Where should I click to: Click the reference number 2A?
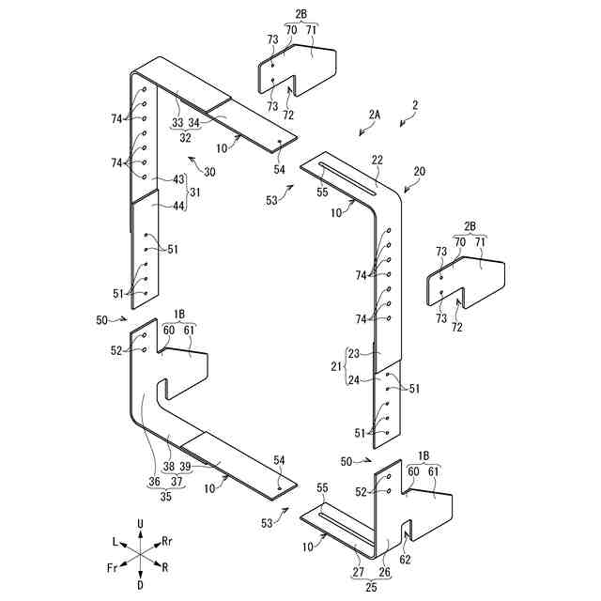coord(374,114)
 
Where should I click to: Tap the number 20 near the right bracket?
coord(419,172)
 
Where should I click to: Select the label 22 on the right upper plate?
coord(377,161)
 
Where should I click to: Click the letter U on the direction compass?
coord(139,523)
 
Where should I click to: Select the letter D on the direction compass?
coord(139,584)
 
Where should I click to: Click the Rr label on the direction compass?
coord(166,541)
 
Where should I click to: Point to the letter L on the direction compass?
coord(115,542)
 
